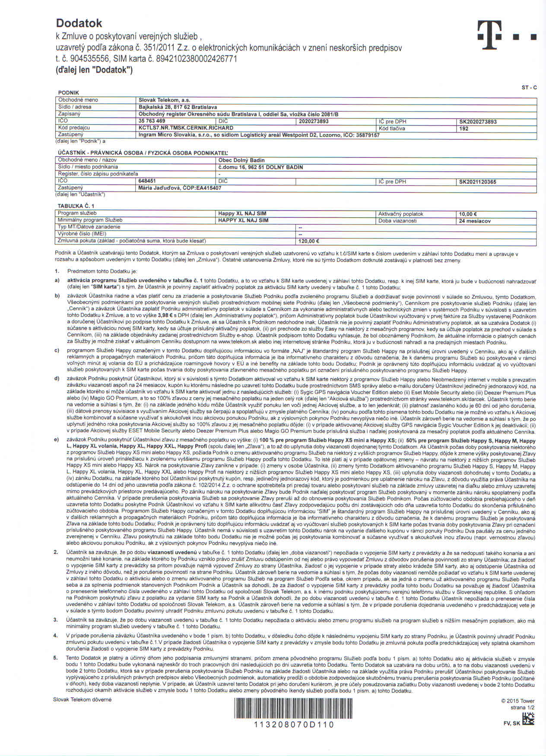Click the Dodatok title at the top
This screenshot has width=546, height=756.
point(79,23)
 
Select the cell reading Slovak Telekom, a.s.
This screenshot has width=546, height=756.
point(165,100)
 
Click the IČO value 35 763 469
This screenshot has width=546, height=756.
point(152,121)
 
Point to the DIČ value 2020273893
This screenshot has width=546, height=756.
point(314,121)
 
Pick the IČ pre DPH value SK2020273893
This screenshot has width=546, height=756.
point(478,122)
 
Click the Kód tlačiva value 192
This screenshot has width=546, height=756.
point(464,129)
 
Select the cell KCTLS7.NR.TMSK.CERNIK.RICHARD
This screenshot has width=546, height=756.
point(186,128)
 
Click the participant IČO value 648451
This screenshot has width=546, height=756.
point(147,181)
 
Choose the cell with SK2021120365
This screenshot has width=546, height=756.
point(478,182)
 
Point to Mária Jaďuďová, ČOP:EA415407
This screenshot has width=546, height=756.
point(180,188)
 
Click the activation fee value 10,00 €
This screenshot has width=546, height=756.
point(468,214)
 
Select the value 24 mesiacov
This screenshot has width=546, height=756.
point(475,221)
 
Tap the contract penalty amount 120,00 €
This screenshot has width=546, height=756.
point(309,241)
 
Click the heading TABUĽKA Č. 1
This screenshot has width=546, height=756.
point(76,206)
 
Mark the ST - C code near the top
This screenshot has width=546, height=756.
point(529,88)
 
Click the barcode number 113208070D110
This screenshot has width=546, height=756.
point(294,724)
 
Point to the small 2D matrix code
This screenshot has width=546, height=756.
point(528,719)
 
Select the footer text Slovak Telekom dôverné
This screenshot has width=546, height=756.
point(83,699)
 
